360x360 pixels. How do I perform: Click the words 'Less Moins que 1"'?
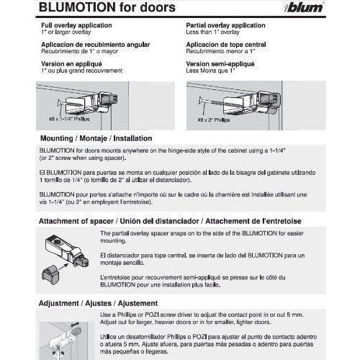coord(208,70)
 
